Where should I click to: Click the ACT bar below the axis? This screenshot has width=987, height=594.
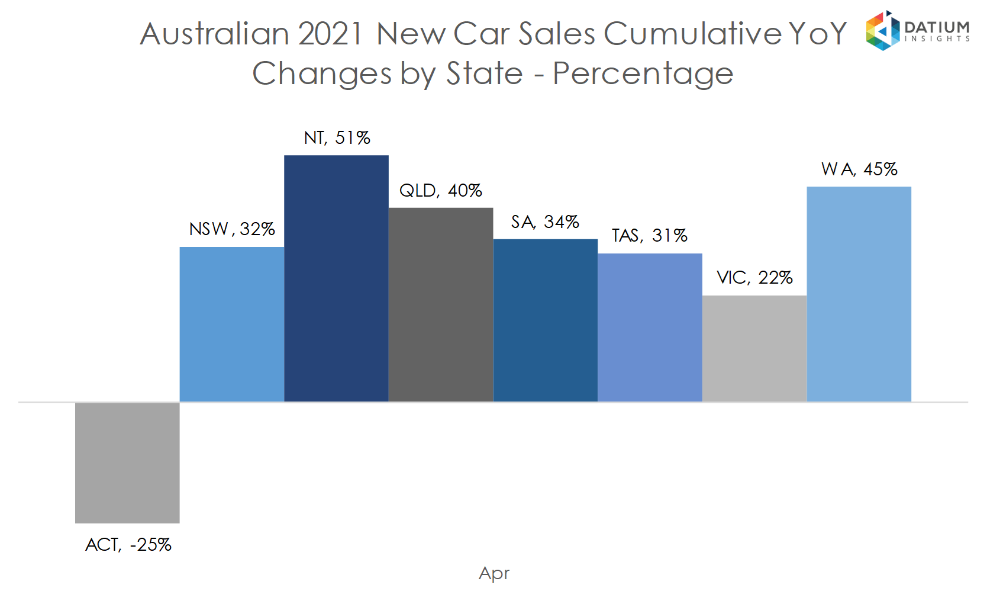click(x=127, y=463)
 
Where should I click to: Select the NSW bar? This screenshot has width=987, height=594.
click(x=232, y=324)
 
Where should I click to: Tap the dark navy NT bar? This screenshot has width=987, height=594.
click(x=336, y=278)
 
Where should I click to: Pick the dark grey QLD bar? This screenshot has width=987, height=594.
click(x=441, y=304)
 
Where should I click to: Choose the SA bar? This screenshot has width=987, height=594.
click(x=546, y=320)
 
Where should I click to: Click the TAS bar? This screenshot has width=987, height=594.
click(x=650, y=327)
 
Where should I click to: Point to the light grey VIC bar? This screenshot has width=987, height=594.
click(x=754, y=348)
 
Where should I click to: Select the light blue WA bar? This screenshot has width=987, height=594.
click(x=859, y=294)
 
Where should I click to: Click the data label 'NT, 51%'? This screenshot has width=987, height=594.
click(x=337, y=138)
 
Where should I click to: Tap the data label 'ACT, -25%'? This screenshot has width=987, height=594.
click(x=128, y=545)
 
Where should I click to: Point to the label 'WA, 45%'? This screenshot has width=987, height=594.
click(x=859, y=169)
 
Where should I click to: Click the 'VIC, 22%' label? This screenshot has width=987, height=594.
click(x=754, y=278)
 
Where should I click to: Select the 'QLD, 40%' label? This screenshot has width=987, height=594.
click(x=441, y=191)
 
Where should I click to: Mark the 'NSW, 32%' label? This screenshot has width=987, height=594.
click(x=232, y=229)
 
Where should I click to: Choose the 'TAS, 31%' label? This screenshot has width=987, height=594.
click(x=650, y=236)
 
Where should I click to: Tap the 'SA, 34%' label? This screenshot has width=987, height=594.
click(x=545, y=222)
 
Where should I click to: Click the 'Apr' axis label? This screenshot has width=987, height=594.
click(x=494, y=573)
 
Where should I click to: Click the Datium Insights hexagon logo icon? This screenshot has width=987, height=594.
click(x=882, y=31)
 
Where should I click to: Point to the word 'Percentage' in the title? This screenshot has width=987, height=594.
click(x=643, y=74)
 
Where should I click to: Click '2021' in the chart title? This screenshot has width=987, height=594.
click(x=330, y=34)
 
